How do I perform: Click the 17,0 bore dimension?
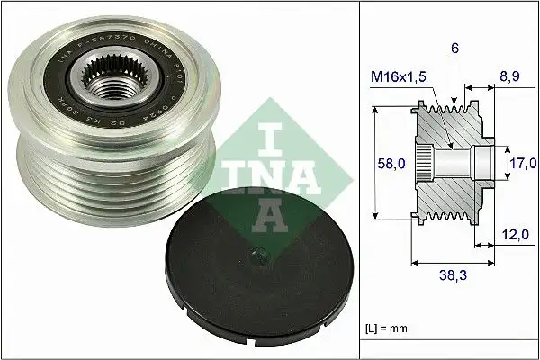click(523, 164)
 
